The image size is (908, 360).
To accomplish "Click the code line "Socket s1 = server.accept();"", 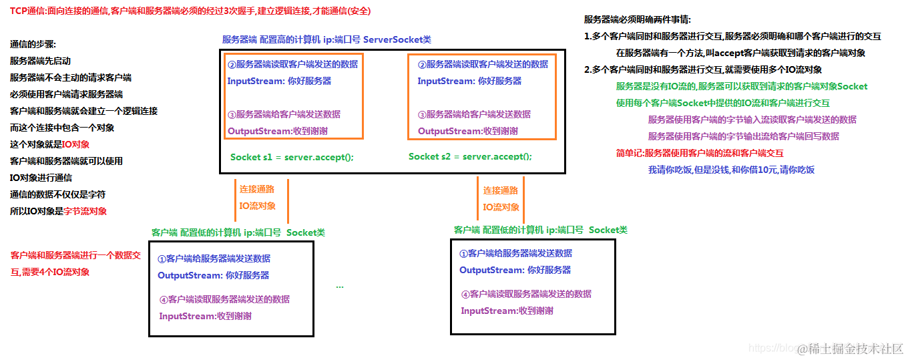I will pyautogui.click(x=292, y=158).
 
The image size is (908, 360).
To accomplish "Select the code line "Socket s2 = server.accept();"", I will pyautogui.click(x=470, y=157).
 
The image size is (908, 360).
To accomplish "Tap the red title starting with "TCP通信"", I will pyautogui.click(x=190, y=11).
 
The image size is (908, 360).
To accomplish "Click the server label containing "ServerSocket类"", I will pyautogui.click(x=326, y=40).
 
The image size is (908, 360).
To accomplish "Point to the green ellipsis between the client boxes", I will pyautogui.click(x=340, y=285).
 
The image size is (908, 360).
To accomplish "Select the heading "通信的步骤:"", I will pyautogui.click(x=33, y=45).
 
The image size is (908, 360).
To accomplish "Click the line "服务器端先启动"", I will pyautogui.click(x=40, y=61).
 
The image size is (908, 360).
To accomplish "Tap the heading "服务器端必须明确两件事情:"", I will pyautogui.click(x=638, y=20).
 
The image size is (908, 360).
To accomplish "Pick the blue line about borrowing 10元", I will pyautogui.click(x=731, y=170).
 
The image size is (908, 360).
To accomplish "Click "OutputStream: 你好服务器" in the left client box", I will pyautogui.click(x=214, y=275).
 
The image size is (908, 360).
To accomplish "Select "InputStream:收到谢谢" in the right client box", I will pyautogui.click(x=507, y=311).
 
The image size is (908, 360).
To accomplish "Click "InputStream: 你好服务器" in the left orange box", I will pyautogui.click(x=279, y=81).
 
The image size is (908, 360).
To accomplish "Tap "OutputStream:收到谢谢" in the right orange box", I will pyautogui.click(x=467, y=131).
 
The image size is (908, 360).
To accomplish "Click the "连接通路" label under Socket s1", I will pyautogui.click(x=257, y=190).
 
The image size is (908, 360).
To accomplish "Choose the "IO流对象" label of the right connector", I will pyautogui.click(x=501, y=207).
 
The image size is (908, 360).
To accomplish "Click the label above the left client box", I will pyautogui.click(x=238, y=233).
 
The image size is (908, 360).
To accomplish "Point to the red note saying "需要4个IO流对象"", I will pyautogui.click(x=50, y=273).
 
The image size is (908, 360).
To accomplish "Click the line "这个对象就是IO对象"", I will pyautogui.click(x=50, y=144).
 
